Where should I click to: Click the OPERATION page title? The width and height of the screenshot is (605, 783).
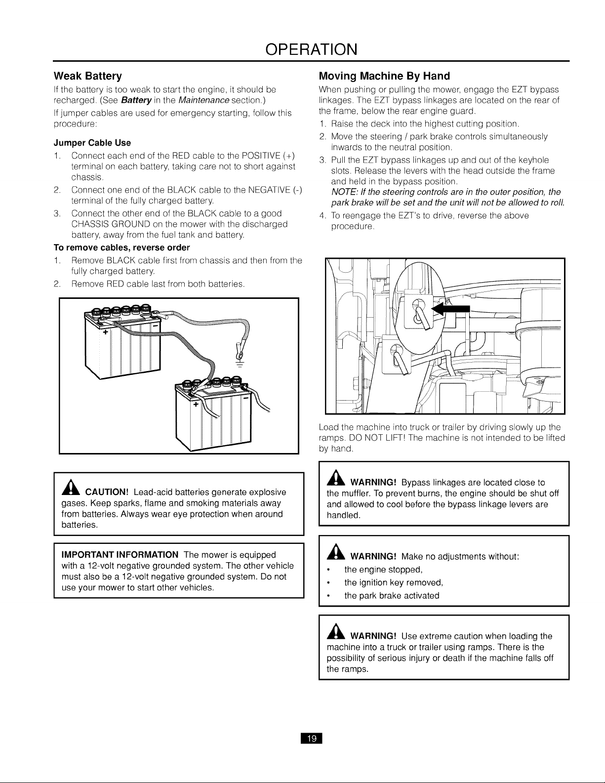(x=312, y=49)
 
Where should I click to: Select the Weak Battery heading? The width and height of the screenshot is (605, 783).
(x=88, y=76)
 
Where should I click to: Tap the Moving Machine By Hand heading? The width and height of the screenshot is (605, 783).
(x=384, y=76)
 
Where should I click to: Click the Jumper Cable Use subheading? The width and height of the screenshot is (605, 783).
(x=92, y=143)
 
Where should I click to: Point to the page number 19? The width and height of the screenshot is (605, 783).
(x=312, y=739)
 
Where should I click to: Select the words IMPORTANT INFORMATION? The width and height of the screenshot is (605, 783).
(x=120, y=555)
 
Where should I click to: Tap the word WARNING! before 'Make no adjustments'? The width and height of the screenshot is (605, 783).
(x=373, y=556)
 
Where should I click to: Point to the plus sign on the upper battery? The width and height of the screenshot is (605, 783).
(x=105, y=332)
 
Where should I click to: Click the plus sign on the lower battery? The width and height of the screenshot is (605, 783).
(x=196, y=404)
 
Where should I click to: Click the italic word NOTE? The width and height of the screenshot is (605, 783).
(x=343, y=192)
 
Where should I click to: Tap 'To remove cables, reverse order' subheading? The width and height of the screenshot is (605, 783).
(x=121, y=247)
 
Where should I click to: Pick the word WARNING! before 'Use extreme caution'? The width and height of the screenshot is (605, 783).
(x=373, y=636)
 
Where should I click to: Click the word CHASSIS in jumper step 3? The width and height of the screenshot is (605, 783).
(x=90, y=224)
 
